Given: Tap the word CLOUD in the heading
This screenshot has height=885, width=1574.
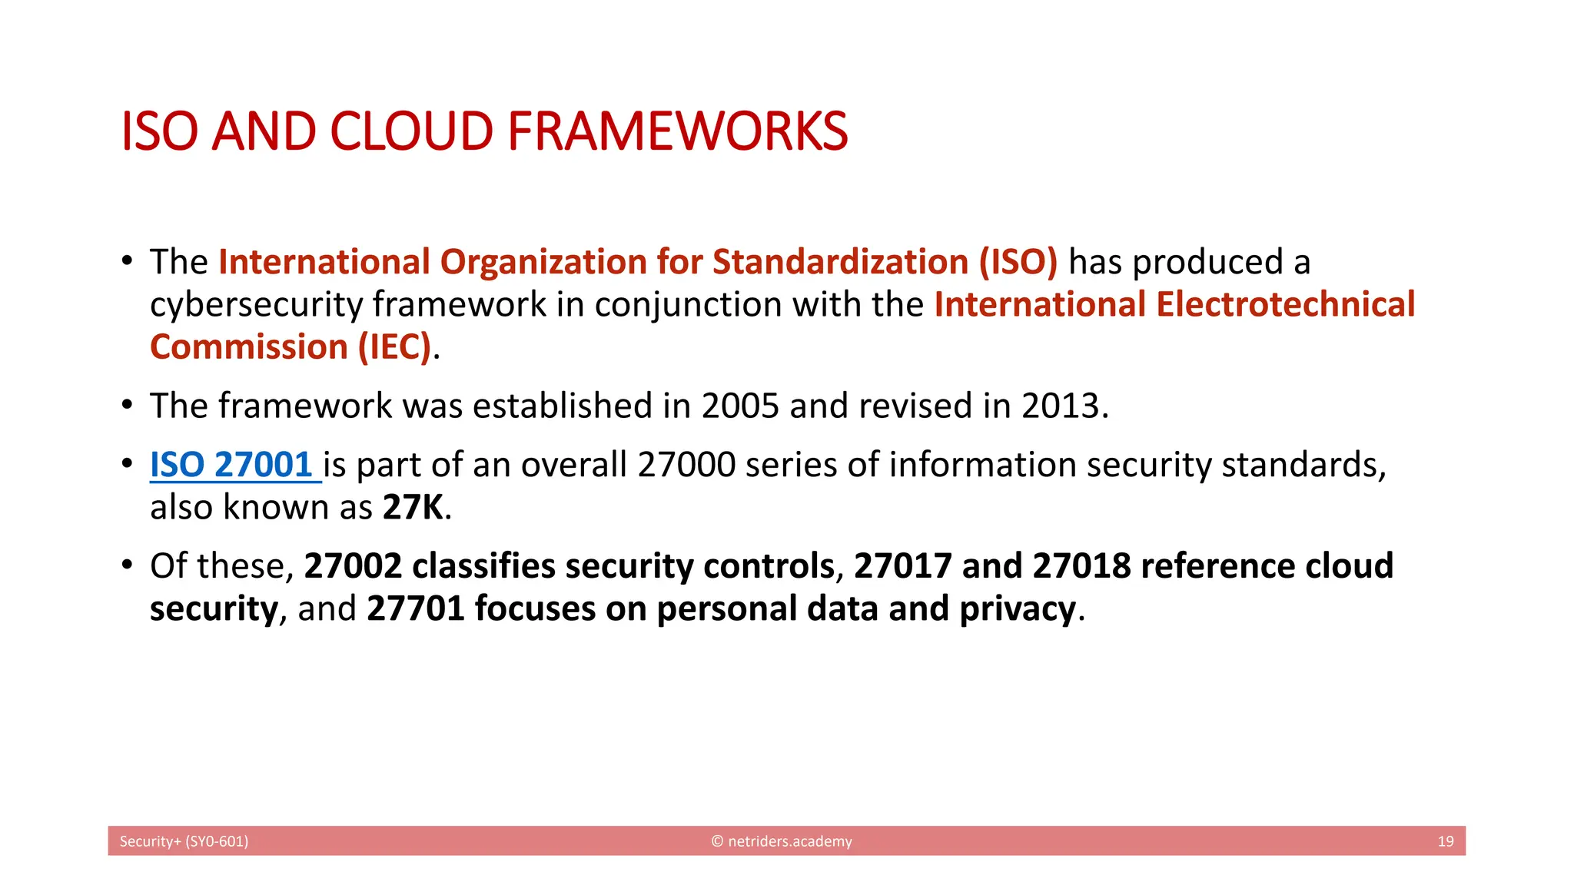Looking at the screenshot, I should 411,131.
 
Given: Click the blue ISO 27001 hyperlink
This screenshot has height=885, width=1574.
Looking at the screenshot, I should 231,465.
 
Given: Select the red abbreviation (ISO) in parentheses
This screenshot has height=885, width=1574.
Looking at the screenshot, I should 1018,262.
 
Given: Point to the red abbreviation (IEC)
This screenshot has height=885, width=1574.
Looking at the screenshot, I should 393,347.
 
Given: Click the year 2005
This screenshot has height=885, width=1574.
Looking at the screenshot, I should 740,406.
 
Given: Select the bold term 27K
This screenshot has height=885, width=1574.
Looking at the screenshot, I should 413,507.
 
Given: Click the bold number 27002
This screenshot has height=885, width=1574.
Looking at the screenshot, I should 353,566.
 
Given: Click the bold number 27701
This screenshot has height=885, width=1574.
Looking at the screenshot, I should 416,608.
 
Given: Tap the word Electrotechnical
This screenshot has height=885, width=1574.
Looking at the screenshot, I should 1286,304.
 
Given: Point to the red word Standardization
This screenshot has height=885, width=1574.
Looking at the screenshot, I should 840,262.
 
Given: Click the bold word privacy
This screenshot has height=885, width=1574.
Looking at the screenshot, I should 1018,608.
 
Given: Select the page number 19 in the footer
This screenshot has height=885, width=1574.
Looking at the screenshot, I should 1445,841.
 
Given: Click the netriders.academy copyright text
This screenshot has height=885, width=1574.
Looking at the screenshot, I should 782,841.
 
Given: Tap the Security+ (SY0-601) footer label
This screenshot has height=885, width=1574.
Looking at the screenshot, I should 184,841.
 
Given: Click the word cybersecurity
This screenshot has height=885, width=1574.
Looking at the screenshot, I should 256,305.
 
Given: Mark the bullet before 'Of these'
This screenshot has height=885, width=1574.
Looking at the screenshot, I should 128,565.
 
